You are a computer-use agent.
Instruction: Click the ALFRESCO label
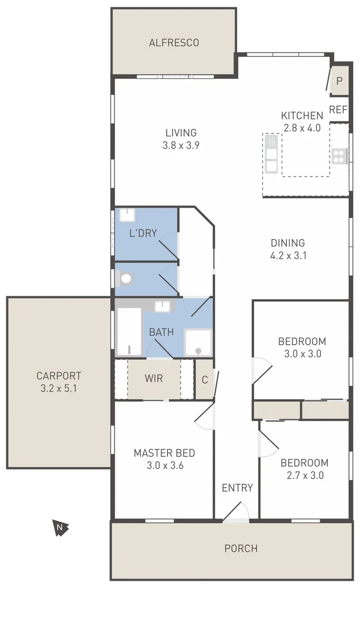174,43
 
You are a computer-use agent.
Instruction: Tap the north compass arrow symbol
60,527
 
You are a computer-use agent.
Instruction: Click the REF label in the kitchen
338,110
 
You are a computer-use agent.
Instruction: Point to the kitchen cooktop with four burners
339,155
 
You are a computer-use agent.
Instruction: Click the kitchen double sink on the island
271,154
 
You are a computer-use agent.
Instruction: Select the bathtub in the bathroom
129,331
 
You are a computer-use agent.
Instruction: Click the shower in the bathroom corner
198,343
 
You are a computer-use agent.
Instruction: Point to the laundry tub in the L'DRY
127,215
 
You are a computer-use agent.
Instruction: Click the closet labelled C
204,379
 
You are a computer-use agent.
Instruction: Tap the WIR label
154,379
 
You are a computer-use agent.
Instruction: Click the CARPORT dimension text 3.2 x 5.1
59,388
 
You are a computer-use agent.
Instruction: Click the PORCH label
240,549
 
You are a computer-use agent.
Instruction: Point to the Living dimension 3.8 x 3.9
181,145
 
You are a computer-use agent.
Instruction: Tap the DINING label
288,243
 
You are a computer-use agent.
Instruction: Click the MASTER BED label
164,453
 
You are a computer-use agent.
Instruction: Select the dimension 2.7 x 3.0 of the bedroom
304,476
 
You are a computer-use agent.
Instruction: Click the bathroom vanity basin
163,305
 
